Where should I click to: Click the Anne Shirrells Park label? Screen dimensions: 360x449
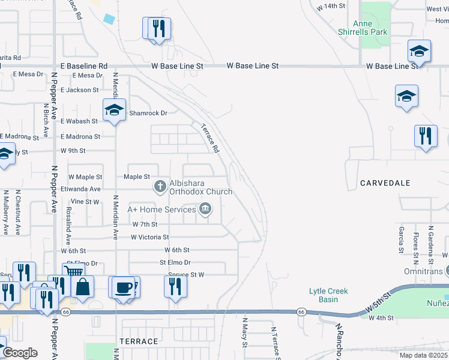370,28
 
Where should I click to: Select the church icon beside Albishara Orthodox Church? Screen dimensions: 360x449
160,187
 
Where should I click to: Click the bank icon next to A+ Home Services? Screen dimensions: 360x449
205,209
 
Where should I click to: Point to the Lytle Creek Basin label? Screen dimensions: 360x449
328,295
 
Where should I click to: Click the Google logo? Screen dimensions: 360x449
20,353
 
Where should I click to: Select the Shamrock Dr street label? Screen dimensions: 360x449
148,113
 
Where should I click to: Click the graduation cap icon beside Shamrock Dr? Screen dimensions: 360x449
114,110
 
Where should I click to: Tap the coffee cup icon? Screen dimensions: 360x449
123,287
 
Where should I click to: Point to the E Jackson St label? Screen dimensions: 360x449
79,90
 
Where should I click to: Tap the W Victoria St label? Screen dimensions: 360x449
150,237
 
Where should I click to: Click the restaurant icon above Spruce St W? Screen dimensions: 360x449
175,286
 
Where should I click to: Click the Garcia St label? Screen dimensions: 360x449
401,239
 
